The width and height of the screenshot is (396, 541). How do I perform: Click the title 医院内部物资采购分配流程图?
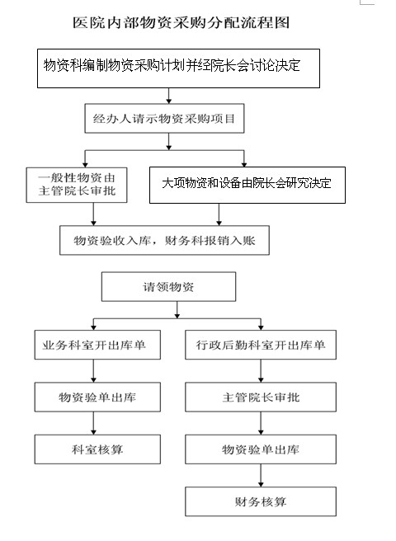181,23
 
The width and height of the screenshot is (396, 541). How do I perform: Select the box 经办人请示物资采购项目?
164,119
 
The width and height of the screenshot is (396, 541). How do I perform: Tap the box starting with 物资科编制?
178,68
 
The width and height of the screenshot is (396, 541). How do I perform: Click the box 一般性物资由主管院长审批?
77,185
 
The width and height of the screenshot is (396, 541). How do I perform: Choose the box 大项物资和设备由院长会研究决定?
247,185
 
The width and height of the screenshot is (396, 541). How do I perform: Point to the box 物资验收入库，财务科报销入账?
164,241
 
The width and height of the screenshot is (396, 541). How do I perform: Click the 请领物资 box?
168,287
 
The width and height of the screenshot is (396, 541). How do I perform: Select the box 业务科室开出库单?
97,345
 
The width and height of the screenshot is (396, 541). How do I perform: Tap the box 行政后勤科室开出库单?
261,345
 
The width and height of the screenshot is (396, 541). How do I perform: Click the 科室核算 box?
97,449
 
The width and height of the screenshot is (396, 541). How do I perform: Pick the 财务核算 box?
261,501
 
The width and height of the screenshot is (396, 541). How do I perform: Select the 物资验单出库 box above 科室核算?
97,397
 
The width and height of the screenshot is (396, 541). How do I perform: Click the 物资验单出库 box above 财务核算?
261,449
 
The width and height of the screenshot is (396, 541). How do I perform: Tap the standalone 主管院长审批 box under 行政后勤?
261,397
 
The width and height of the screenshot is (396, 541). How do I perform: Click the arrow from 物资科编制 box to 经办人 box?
169,96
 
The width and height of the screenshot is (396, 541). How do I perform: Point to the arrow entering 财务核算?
261,476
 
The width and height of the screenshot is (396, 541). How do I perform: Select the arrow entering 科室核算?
93,423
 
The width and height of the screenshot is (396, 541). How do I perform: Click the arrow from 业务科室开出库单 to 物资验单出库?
93,371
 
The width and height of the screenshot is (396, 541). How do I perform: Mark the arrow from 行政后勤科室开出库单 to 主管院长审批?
261,371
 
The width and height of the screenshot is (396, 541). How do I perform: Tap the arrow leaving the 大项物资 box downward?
219,214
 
